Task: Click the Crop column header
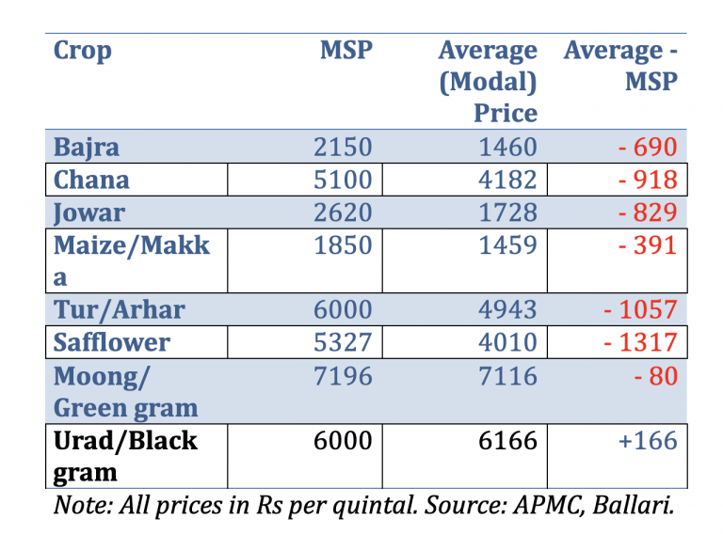83,50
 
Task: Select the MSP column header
345,50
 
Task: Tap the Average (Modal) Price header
488,82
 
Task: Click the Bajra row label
87,148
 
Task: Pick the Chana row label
92,180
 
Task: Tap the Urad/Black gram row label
126,456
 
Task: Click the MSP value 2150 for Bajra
344,148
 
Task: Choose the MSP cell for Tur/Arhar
344,309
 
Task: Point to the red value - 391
647,245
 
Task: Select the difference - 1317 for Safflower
639,342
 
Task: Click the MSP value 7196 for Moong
344,376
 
